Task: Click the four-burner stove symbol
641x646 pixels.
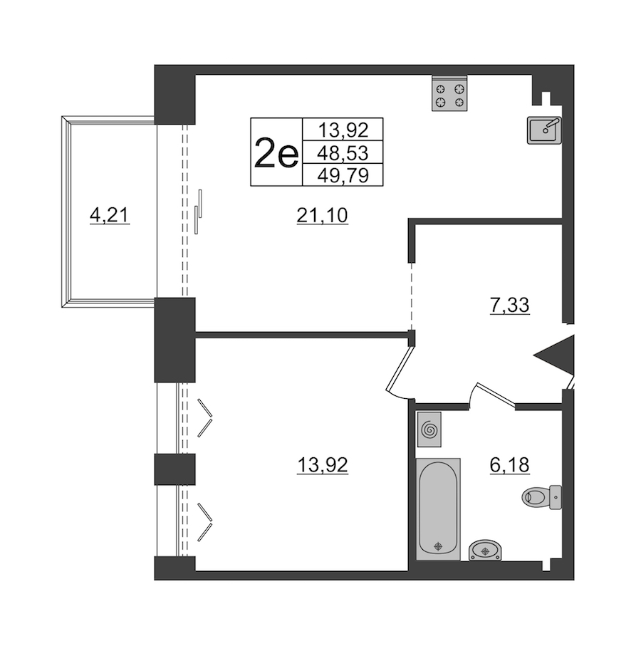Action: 449,93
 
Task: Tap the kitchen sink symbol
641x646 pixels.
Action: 544,130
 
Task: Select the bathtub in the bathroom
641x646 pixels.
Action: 438,509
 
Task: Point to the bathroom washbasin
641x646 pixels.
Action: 485,551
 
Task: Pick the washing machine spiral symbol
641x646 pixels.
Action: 429,429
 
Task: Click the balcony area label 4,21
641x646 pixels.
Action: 110,215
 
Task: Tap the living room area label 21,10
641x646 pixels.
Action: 322,215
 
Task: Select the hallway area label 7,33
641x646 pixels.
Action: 509,306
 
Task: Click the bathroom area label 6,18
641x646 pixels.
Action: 509,465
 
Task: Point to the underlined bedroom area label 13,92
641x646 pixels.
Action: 322,466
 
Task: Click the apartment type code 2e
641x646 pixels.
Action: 276,152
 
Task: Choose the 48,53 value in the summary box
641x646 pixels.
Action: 343,153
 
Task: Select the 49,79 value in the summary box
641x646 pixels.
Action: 343,176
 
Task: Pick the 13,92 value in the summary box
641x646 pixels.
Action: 343,131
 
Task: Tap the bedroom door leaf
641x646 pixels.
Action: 399,368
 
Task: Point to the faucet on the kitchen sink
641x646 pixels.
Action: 551,125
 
